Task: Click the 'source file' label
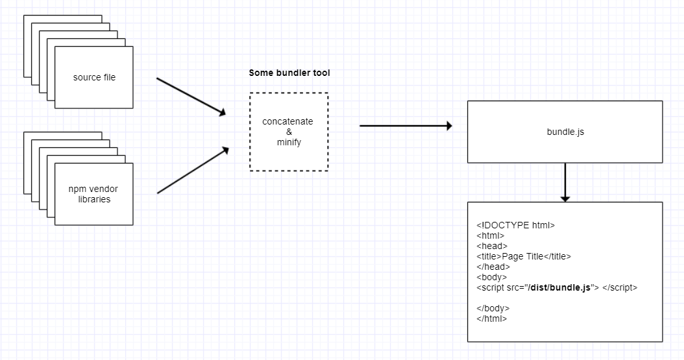[94, 78]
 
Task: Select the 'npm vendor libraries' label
[93, 194]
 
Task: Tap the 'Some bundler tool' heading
[289, 73]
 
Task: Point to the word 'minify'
[289, 142]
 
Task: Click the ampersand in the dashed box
[289, 132]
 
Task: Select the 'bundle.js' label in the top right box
[565, 132]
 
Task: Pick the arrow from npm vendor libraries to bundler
[193, 171]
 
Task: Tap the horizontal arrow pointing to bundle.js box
[405, 126]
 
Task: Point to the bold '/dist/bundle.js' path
[560, 288]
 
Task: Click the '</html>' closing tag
[492, 318]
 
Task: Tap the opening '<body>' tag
[491, 278]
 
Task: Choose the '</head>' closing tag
[493, 267]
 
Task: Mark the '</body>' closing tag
[493, 308]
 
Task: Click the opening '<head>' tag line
[491, 246]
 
